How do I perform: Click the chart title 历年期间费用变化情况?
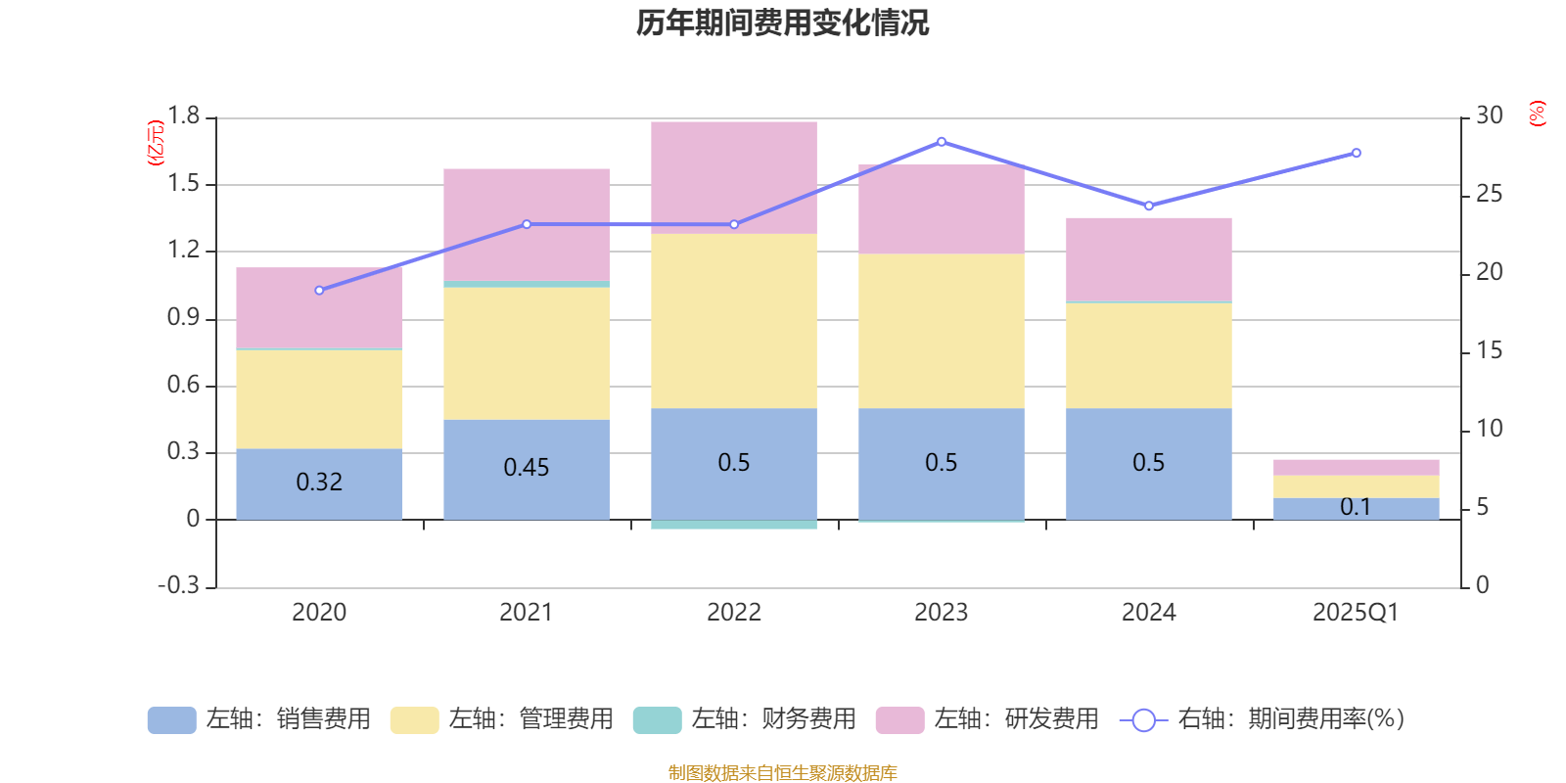(782, 23)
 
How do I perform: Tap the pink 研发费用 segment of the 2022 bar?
(734, 177)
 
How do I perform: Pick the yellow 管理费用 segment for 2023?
(942, 331)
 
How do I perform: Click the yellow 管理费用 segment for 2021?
(527, 352)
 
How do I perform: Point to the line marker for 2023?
(942, 142)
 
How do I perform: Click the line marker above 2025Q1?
(1357, 153)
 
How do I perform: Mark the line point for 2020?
(319, 291)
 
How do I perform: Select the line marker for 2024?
(1149, 206)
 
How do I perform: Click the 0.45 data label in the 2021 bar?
(527, 468)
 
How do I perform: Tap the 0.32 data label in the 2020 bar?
(319, 483)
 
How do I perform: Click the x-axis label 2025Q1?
(1356, 613)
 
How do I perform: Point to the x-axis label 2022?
(734, 613)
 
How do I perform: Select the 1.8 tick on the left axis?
(183, 116)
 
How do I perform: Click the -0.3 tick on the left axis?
(178, 585)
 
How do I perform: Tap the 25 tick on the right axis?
(1489, 194)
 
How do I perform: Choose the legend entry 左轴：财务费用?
(745, 719)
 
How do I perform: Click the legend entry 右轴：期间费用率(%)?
(1263, 719)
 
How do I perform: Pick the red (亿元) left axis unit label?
(155, 143)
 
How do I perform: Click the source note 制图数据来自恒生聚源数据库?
(782, 773)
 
